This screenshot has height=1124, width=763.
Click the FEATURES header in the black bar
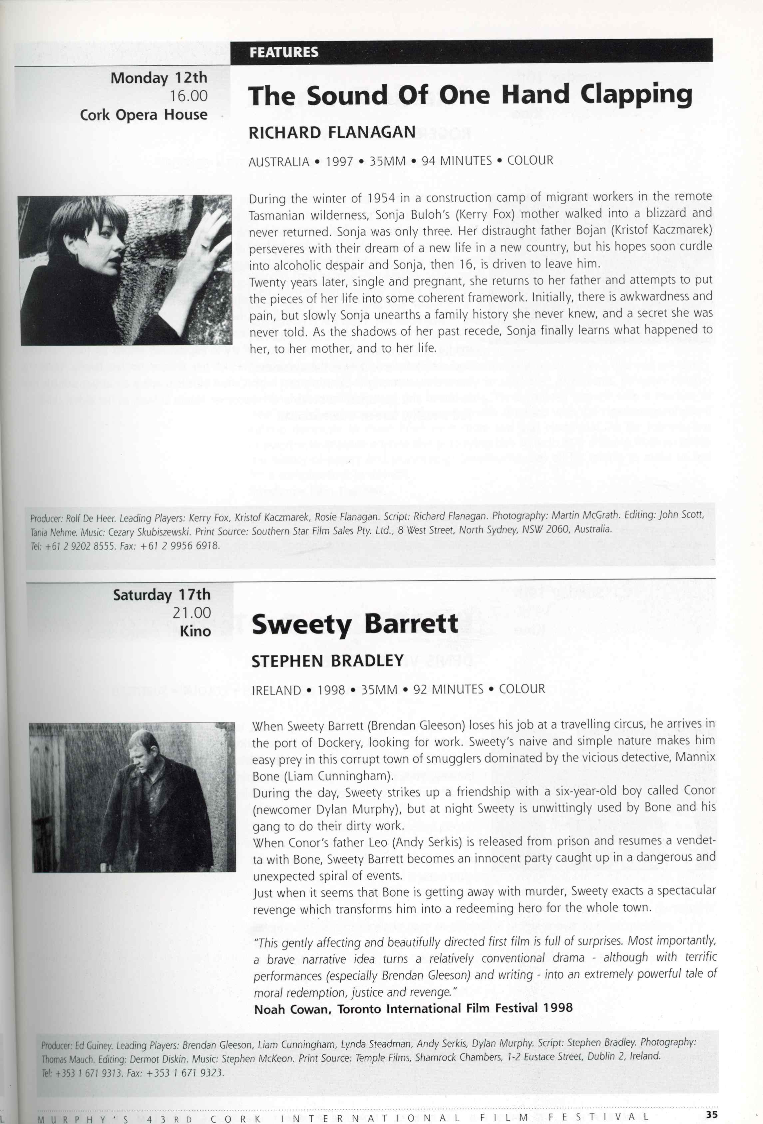pyautogui.click(x=284, y=52)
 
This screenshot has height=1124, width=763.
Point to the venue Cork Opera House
pyautogui.click(x=144, y=115)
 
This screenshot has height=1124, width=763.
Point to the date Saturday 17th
pyautogui.click(x=162, y=594)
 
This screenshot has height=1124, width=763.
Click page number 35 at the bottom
pyautogui.click(x=711, y=1115)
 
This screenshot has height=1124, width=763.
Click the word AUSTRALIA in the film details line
pyautogui.click(x=278, y=162)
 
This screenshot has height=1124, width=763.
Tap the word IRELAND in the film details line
pyautogui.click(x=276, y=690)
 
